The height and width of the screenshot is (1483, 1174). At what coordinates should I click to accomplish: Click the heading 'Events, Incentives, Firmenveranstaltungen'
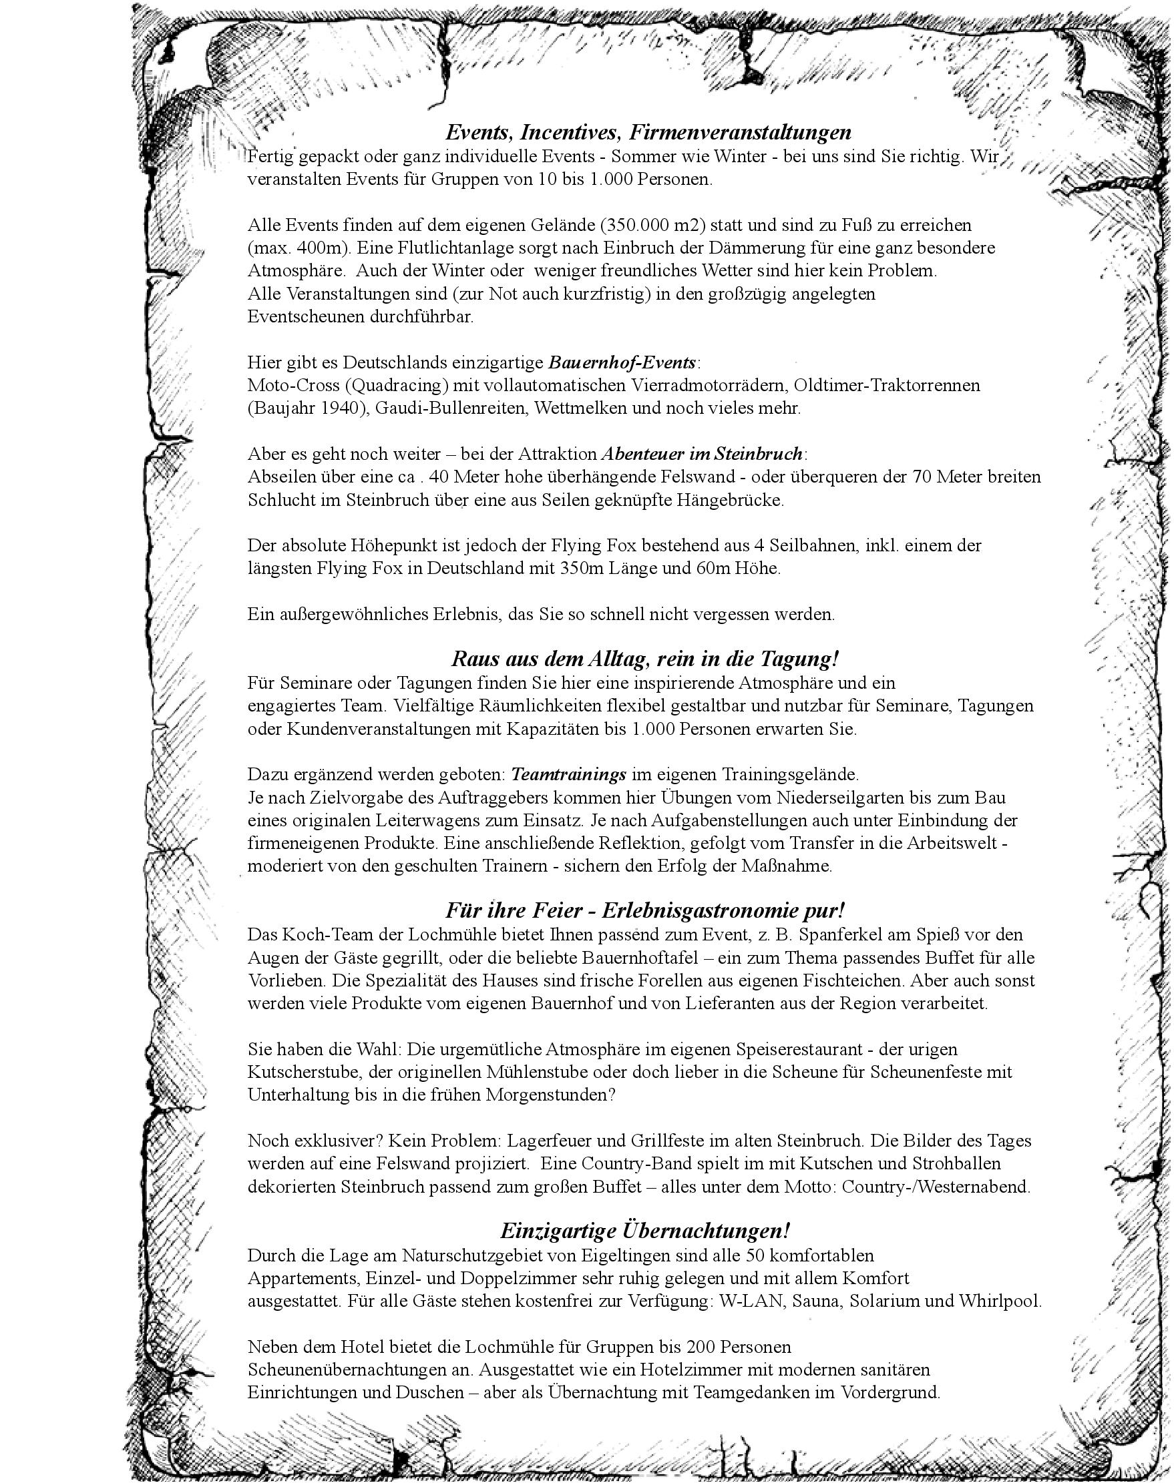pos(648,131)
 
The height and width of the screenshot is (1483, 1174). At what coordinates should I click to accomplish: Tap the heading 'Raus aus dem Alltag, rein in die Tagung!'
pos(644,659)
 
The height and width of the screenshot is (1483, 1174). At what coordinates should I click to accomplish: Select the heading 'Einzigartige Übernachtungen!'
pos(644,1229)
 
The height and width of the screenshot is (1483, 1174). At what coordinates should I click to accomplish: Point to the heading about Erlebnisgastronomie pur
pos(644,910)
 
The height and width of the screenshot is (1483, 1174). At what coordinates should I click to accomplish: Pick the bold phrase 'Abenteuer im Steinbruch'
pos(702,454)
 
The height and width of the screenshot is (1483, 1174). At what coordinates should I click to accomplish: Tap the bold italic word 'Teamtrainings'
pos(568,775)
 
